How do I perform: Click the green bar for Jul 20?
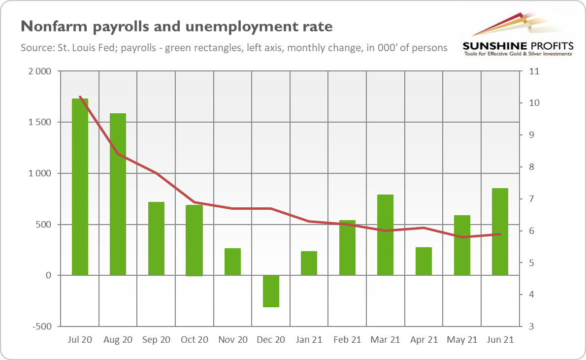pyautogui.click(x=80, y=187)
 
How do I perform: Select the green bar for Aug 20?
pyautogui.click(x=118, y=194)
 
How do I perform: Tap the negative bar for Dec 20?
pyautogui.click(x=271, y=291)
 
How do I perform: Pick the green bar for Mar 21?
pyautogui.click(x=386, y=235)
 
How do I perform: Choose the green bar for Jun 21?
pyautogui.click(x=500, y=231)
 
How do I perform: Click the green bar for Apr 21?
pyautogui.click(x=423, y=261)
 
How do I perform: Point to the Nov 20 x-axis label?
pyautogui.click(x=232, y=340)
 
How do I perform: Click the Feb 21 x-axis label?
pyautogui.click(x=347, y=340)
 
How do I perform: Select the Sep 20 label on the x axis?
pyautogui.click(x=156, y=340)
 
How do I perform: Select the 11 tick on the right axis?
pyautogui.click(x=534, y=71)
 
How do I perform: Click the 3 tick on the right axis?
pyautogui.click(x=532, y=327)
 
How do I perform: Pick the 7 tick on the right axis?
pyautogui.click(x=532, y=199)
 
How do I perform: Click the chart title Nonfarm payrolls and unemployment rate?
pyautogui.click(x=176, y=26)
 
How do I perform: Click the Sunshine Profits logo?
pyautogui.click(x=518, y=34)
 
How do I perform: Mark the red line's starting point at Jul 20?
pyautogui.click(x=80, y=97)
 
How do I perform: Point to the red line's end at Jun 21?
pyautogui.click(x=500, y=234)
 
